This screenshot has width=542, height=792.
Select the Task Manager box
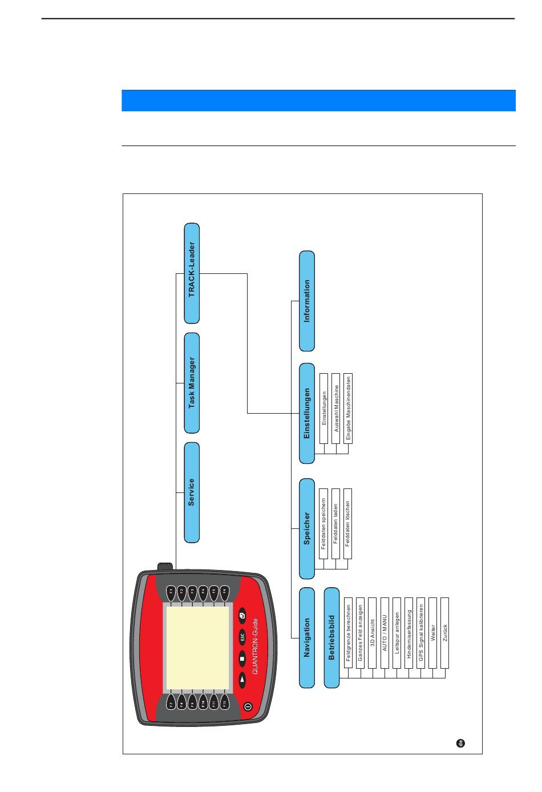(x=192, y=382)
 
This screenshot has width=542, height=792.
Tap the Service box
(x=192, y=492)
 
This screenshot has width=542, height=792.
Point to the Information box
(x=307, y=301)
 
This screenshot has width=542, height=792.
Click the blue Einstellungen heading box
(x=307, y=413)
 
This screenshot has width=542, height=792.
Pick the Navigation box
(x=307, y=637)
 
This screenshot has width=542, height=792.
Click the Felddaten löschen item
(x=347, y=523)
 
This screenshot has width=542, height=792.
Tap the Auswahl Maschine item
(x=335, y=408)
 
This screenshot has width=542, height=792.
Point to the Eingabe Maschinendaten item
(x=348, y=408)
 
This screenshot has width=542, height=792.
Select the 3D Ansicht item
(x=373, y=633)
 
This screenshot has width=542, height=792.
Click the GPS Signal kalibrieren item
(x=421, y=633)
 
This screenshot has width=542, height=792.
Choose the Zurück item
(x=445, y=633)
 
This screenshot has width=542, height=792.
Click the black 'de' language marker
(x=460, y=743)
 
